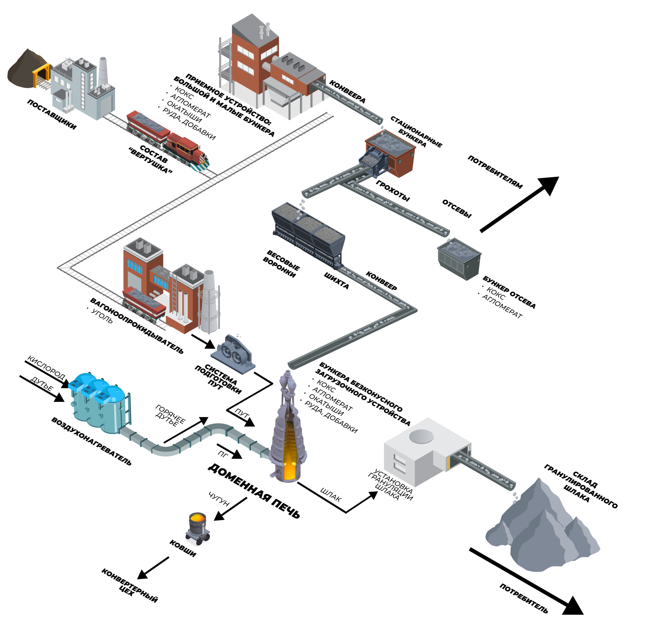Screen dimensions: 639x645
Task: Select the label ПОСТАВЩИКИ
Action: tap(52, 115)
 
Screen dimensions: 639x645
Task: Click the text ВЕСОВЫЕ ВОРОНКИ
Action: tap(281, 264)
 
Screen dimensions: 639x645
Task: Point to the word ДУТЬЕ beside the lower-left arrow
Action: tap(42, 384)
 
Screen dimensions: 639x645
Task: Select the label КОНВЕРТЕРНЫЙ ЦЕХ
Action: tap(129, 586)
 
